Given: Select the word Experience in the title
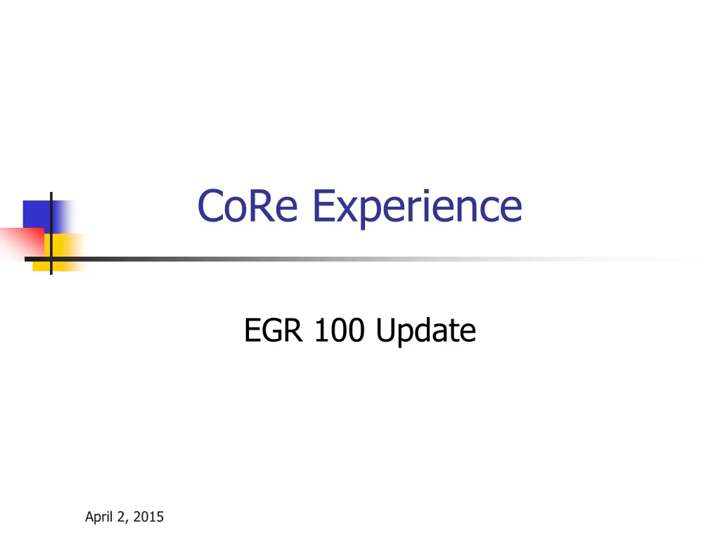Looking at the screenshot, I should point(417,207).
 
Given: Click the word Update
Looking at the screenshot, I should point(425,330).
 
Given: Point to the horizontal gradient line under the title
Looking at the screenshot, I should point(352,259).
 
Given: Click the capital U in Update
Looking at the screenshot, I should point(386,330).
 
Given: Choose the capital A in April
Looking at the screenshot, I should point(89,517).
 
